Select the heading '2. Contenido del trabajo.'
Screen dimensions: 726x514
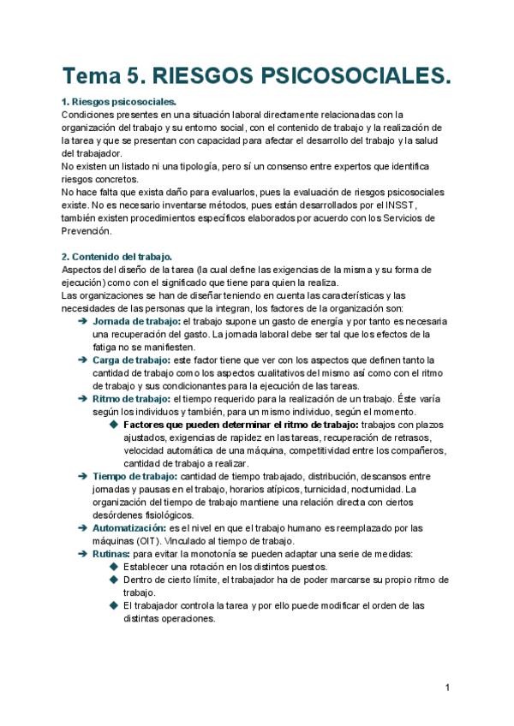pyautogui.click(x=117, y=257)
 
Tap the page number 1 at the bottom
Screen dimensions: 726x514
pyautogui.click(x=448, y=687)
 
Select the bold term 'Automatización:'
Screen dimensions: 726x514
pyautogui.click(x=128, y=528)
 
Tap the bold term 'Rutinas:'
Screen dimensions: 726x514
pyautogui.click(x=111, y=554)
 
